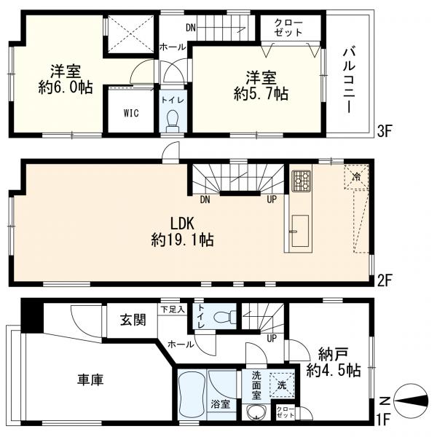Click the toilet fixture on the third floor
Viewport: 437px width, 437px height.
tap(173, 119)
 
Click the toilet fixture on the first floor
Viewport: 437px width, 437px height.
tap(227, 316)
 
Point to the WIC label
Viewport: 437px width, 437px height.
tap(130, 114)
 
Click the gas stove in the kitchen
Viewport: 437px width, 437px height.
tap(301, 181)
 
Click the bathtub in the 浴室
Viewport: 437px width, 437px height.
tap(192, 393)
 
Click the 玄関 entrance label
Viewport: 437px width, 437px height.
tap(133, 318)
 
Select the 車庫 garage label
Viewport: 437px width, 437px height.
tap(91, 379)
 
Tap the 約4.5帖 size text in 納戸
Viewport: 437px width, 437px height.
tap(334, 371)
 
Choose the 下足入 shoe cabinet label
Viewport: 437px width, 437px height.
tap(173, 310)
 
